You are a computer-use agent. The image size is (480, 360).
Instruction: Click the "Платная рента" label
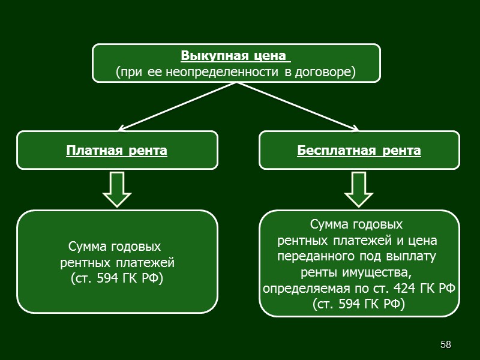coord(116,150)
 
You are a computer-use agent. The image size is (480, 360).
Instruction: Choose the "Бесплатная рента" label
coord(359,150)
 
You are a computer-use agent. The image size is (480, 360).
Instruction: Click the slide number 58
coord(445,344)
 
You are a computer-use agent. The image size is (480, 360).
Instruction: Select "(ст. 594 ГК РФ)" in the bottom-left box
coord(116,278)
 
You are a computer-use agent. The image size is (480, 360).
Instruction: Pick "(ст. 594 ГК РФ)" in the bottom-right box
coord(359,305)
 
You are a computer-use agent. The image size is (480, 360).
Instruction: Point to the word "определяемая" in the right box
coord(299,289)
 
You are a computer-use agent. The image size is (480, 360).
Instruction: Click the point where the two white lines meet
coord(238,83)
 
